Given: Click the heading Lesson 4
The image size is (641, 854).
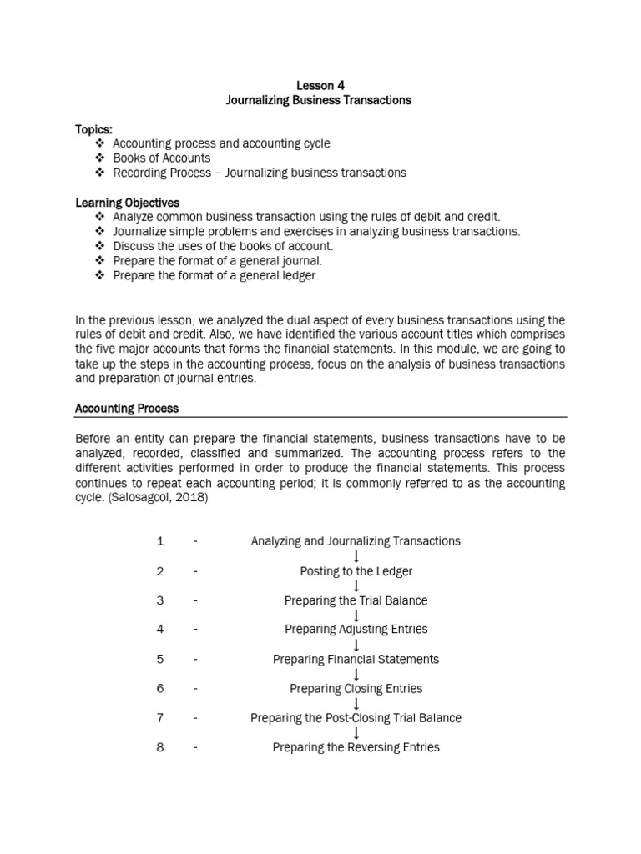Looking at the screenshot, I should click(320, 85).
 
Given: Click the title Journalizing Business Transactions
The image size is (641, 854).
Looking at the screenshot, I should click(320, 100).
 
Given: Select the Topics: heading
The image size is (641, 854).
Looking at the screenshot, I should click(93, 129).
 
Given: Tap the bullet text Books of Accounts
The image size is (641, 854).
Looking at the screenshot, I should click(162, 158).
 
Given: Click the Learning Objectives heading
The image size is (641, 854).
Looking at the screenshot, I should click(128, 203).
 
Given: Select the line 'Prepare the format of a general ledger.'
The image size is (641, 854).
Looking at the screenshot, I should click(215, 275).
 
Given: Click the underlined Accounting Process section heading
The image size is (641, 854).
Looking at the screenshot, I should click(127, 409).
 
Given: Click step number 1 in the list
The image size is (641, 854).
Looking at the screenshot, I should click(160, 541).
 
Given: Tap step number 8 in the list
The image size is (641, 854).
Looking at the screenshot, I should click(160, 747).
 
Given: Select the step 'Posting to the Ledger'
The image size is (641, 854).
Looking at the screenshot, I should click(356, 571).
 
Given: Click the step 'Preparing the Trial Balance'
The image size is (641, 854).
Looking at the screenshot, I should click(356, 600).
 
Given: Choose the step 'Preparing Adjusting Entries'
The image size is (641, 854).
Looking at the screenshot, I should click(356, 630).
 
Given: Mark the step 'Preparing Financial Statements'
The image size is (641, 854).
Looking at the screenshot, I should click(356, 659).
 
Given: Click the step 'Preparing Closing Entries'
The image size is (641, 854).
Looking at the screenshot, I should click(356, 689).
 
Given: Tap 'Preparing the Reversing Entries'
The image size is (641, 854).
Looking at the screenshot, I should click(356, 747).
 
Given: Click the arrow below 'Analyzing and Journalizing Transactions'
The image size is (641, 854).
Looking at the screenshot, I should click(356, 556).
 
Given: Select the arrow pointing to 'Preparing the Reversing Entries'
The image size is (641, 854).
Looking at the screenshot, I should click(356, 733).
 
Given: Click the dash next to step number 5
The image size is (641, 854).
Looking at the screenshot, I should click(195, 659).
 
